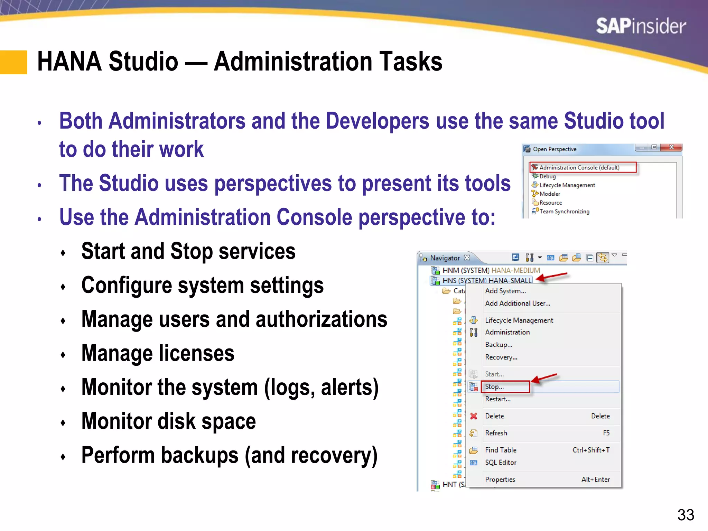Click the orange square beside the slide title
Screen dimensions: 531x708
(x=13, y=62)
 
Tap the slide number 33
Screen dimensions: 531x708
(x=686, y=515)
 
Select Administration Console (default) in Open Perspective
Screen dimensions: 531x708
(x=579, y=168)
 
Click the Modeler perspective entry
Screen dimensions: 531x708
(x=549, y=194)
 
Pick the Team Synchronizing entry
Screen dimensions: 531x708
(x=564, y=212)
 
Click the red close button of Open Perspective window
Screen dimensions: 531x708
(x=671, y=147)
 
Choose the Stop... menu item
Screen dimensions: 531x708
(x=494, y=387)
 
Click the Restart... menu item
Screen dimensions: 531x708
(x=497, y=399)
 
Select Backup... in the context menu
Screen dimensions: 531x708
(x=499, y=345)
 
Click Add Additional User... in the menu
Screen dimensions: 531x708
(x=518, y=304)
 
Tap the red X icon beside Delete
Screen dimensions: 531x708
(x=474, y=416)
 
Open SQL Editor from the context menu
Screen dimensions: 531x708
(x=501, y=463)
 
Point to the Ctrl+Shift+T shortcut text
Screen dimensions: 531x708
(x=591, y=450)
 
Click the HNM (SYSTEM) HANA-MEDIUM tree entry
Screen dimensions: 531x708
(x=491, y=270)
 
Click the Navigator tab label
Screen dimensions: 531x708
(x=445, y=258)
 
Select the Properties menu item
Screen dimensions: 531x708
(x=500, y=479)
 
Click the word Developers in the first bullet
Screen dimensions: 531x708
(x=378, y=121)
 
